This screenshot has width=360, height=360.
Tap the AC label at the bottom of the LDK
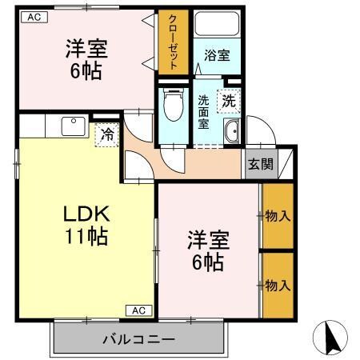pos(137,310)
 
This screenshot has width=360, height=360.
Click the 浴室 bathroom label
pos(216,55)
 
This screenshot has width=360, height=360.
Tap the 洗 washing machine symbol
pos(229,102)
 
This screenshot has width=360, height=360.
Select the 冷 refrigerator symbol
pos(105,135)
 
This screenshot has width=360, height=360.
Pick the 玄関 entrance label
pos(259,165)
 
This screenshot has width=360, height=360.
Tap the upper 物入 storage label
pos(277,215)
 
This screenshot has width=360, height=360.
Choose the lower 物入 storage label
pos(277,285)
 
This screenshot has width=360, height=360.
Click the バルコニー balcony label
pos(138,339)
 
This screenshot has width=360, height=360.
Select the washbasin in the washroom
pos(232,133)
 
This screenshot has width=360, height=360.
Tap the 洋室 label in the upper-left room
pos(86,48)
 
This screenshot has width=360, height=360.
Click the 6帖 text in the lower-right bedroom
pos(208,261)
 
